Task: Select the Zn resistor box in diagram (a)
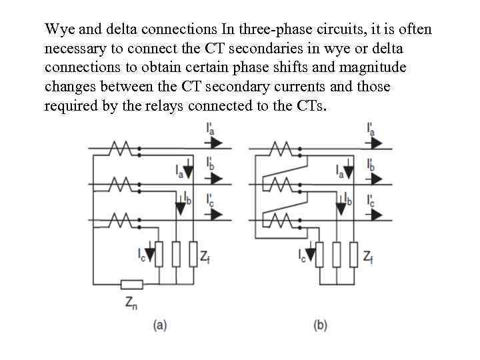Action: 132,285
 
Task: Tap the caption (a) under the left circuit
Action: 160,325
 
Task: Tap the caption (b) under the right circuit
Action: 320,325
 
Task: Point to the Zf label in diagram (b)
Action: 368,255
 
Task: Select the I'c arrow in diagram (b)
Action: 377,214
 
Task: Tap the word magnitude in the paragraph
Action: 375,68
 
